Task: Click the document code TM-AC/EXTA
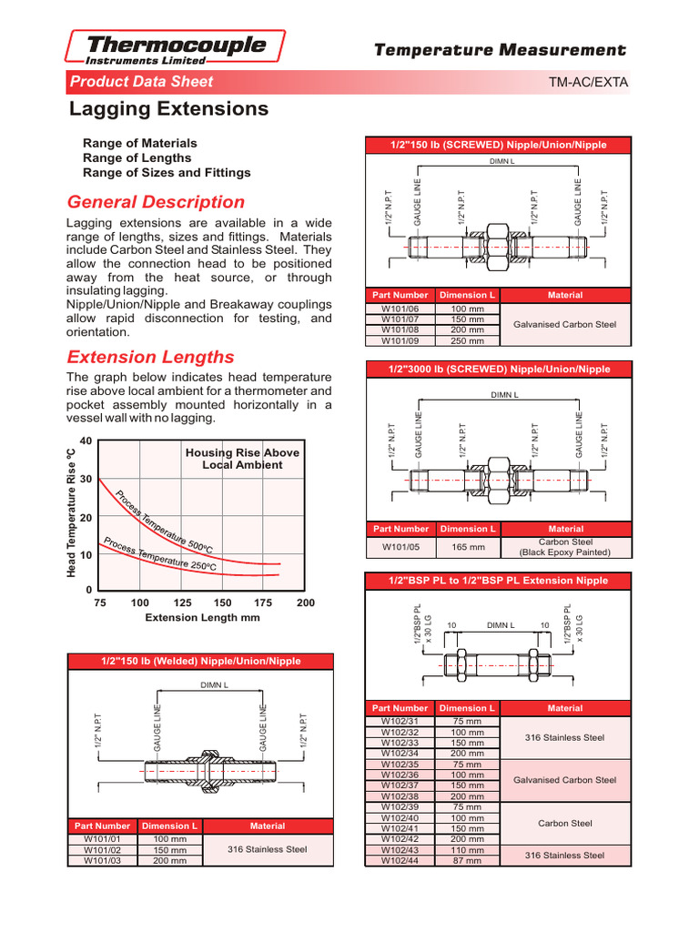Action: [x=588, y=83]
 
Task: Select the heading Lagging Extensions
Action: [x=169, y=110]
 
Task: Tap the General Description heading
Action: [x=157, y=202]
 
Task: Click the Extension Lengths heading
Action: [x=151, y=357]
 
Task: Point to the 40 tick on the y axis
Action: [x=86, y=441]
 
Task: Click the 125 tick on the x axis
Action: [x=181, y=603]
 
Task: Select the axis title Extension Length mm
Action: [x=203, y=618]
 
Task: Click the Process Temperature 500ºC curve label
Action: [x=164, y=522]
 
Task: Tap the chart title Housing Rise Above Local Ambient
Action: [x=242, y=459]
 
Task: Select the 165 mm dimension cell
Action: [x=468, y=547]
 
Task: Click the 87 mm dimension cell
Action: [x=468, y=860]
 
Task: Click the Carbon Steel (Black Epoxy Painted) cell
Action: [x=564, y=547]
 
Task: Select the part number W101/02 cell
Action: [x=103, y=849]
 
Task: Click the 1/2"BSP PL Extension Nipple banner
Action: [x=498, y=580]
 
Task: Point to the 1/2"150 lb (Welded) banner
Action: [x=201, y=661]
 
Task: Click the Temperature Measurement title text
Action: [x=500, y=51]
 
